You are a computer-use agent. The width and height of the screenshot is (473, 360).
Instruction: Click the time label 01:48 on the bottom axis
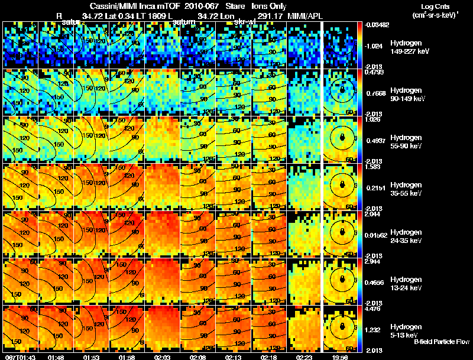click(x=57, y=356)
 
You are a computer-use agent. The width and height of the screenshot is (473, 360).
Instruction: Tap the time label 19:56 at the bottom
click(x=340, y=356)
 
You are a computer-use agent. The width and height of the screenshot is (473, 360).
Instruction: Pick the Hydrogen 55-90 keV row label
click(x=407, y=142)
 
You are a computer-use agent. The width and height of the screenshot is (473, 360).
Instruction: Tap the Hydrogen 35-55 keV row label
click(x=407, y=189)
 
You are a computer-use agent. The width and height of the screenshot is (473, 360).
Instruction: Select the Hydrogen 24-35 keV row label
click(x=407, y=236)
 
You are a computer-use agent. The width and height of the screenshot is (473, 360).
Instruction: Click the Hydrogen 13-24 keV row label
click(x=407, y=284)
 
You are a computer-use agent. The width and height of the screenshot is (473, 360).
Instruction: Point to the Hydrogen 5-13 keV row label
click(x=406, y=330)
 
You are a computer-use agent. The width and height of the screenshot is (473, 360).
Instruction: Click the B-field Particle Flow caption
click(x=442, y=342)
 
